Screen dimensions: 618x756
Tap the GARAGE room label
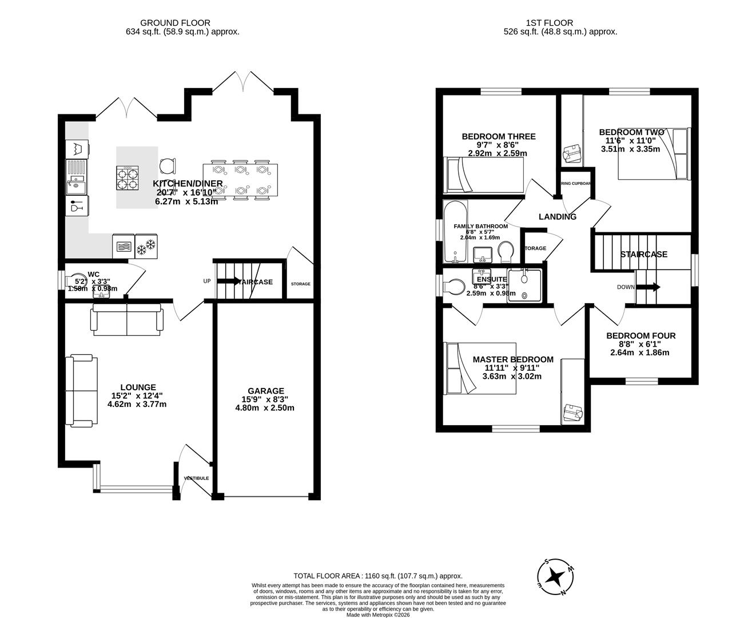pyautogui.click(x=265, y=391)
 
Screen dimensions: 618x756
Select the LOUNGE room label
pyautogui.click(x=138, y=387)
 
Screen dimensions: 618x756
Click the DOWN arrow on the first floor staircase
pyautogui.click(x=651, y=287)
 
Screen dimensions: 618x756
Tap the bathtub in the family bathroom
pyautogui.click(x=456, y=232)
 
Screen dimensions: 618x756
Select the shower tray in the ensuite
pyautogui.click(x=524, y=286)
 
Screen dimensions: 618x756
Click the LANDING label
pyautogui.click(x=558, y=217)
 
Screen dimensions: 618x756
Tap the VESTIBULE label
pyautogui.click(x=196, y=478)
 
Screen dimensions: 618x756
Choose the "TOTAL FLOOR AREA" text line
pyautogui.click(x=377, y=576)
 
